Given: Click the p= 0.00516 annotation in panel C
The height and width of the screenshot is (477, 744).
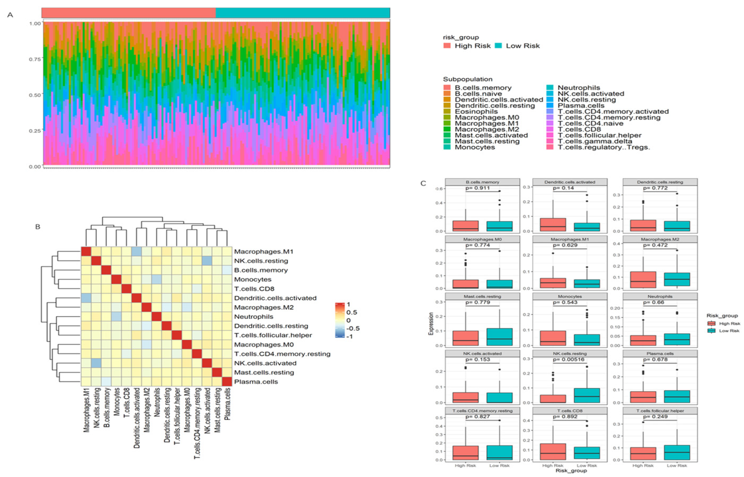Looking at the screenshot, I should pos(569,360).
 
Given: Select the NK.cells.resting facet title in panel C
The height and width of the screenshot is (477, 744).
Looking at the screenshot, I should pos(570,353).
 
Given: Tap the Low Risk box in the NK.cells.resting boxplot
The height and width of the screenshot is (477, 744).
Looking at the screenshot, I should pos(587,395).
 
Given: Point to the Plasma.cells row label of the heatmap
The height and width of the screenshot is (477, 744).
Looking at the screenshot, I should pos(256,381).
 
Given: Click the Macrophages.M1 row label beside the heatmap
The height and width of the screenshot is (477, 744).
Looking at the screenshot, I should pos(264,251).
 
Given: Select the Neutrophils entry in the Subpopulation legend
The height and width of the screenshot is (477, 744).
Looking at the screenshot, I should pos(579,88).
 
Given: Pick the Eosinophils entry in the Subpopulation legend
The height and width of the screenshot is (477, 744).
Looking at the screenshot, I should pos(476,111).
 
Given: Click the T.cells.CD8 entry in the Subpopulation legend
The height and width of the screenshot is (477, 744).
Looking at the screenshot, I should pos(579,129).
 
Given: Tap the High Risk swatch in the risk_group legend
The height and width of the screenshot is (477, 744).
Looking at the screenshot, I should pos(447,46).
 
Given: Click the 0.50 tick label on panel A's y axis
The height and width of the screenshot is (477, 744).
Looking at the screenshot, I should pos(35,95).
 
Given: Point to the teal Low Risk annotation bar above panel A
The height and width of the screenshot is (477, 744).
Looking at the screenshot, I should pos(302,13).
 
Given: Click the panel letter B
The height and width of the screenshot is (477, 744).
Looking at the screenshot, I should pos(38,227).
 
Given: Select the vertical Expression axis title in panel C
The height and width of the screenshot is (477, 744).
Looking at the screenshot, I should pos(430,324).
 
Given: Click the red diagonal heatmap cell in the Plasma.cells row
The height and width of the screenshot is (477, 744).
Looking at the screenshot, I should pos(227,381).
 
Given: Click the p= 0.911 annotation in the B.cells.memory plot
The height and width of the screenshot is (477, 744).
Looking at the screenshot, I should pos(478,188).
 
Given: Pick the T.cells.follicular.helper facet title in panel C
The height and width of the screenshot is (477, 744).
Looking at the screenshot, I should pos(660,411).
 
